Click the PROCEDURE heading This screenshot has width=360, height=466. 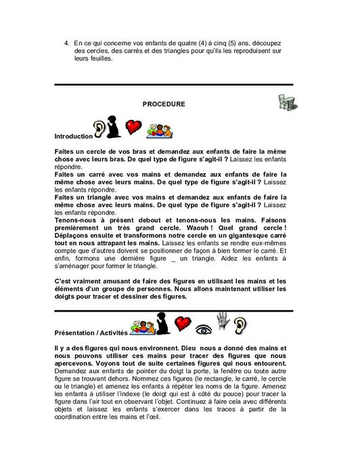[164, 104]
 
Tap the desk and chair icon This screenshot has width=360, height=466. [289, 102]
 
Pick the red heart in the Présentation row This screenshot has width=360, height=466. [182, 323]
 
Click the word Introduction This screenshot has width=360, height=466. [72, 136]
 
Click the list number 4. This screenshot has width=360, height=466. [66, 43]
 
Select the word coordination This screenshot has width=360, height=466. [81, 417]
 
